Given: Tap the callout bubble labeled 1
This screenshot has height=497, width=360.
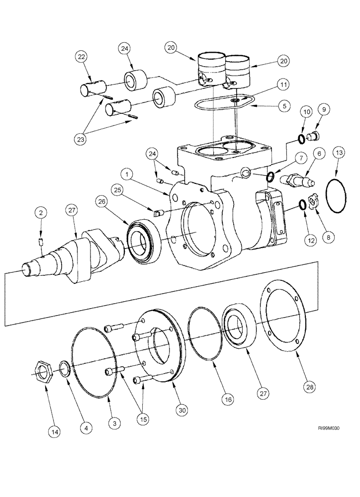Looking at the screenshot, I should click(x=128, y=174).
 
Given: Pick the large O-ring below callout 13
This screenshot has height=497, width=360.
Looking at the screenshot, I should click(x=339, y=197).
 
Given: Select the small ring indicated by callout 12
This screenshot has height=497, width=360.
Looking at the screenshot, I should click(x=302, y=204).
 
